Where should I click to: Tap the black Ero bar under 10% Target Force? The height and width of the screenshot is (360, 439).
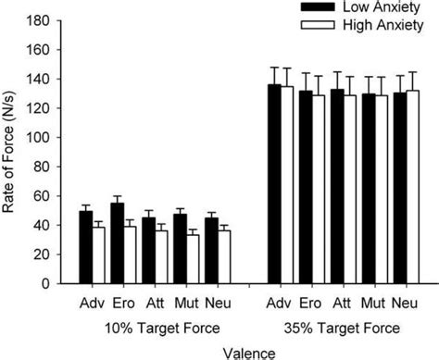point(117,244)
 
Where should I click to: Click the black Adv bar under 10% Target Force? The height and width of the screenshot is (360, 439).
point(85,249)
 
